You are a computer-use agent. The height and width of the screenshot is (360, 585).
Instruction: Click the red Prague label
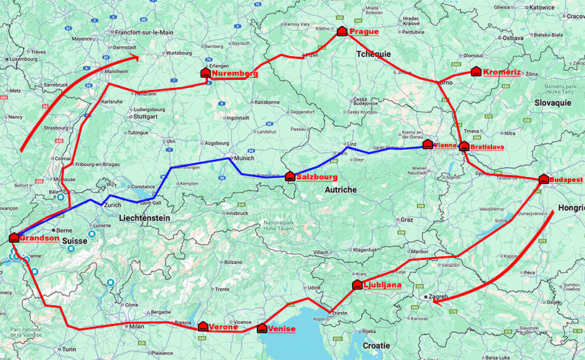coord(363,32)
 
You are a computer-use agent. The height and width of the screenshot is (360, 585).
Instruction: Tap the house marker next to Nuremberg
coord(205,73)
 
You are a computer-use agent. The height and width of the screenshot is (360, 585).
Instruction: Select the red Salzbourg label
coord(314,176)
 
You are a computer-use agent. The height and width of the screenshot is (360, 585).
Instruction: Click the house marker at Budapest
coord(543,179)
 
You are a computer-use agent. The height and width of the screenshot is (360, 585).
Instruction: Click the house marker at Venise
coord(262,328)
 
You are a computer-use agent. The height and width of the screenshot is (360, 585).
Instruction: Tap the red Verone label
coord(224,328)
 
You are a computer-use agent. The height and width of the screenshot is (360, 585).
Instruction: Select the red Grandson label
coord(40,238)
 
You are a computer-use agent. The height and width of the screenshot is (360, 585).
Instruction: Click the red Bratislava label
coord(487,147)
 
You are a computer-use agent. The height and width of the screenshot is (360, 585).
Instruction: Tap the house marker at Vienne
coord(427,145)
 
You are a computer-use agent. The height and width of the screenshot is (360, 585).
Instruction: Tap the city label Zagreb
coord(440,296)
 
